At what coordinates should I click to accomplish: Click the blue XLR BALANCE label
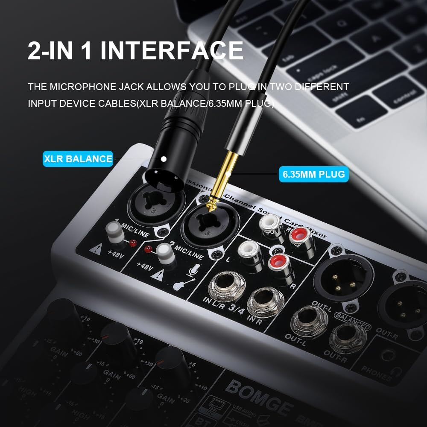[78, 159]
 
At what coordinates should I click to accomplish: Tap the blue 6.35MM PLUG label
[313, 174]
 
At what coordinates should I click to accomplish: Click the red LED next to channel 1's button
[133, 243]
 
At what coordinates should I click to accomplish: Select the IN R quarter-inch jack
[266, 302]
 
